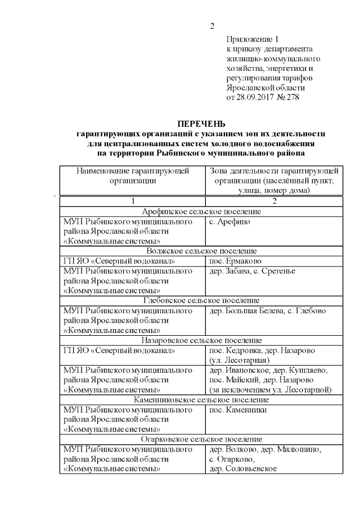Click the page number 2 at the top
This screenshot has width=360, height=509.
click(x=213, y=26)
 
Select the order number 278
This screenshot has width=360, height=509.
click(x=292, y=97)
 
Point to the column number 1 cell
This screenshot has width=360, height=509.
click(x=133, y=201)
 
